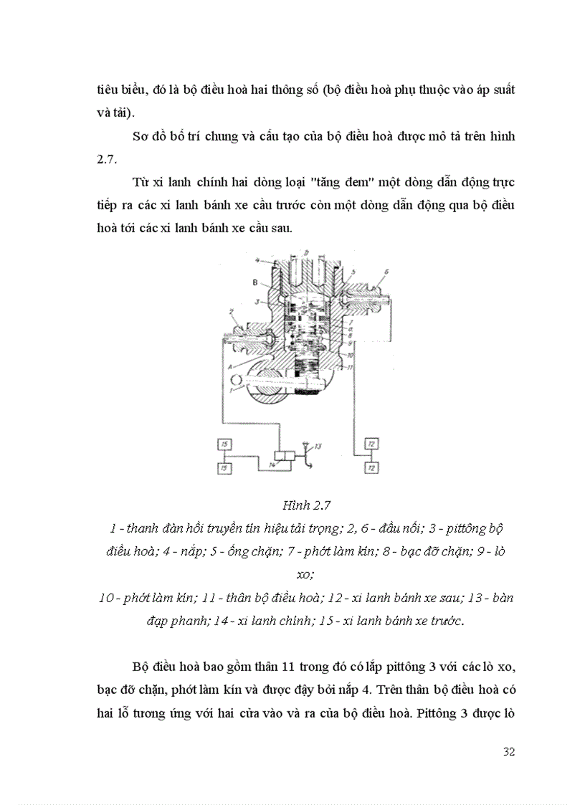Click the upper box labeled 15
(225, 445)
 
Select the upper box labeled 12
(371, 445)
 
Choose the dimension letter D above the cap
(306, 252)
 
